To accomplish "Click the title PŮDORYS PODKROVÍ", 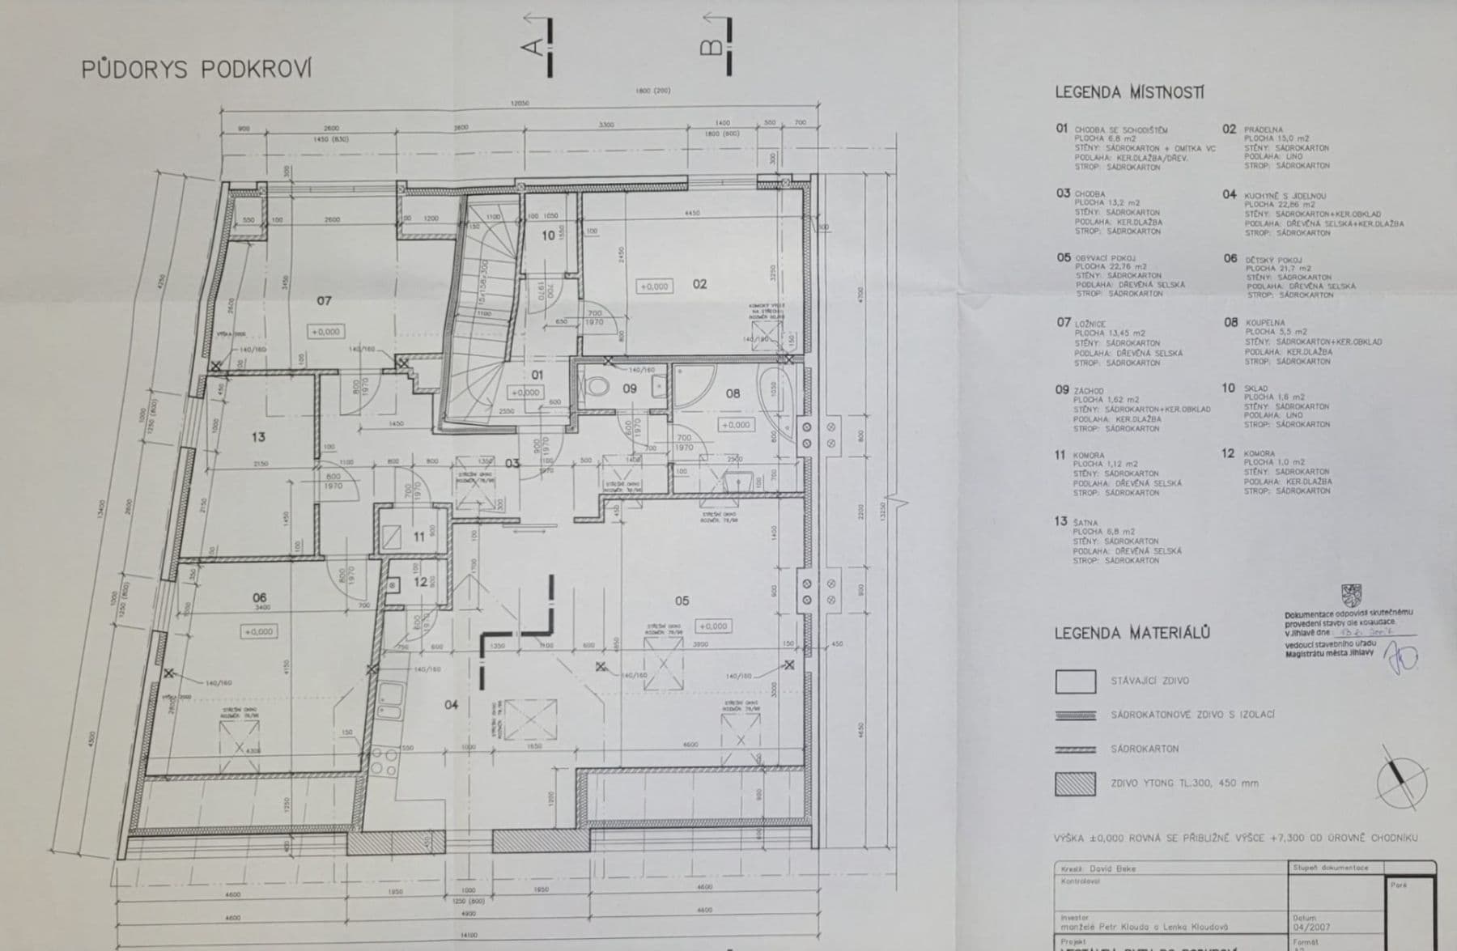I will click(196, 70).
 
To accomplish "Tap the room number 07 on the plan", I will click(324, 300).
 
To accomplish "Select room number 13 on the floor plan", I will click(258, 437).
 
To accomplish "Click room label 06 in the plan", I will click(259, 597).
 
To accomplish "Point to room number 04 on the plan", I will click(451, 705).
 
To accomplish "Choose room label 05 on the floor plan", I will click(682, 601).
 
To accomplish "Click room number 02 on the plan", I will click(699, 284).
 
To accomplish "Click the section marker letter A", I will click(533, 46).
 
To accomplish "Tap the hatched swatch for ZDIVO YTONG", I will click(1075, 783).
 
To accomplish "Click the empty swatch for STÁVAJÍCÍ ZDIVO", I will click(1075, 681).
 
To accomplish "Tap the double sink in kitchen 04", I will click(391, 701).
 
